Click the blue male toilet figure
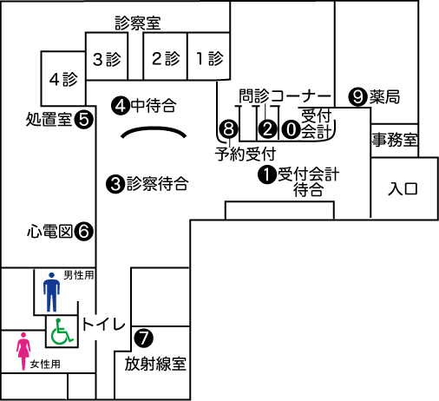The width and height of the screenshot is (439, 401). [x=51, y=293]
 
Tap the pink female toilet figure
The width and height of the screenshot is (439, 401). [x=23, y=351]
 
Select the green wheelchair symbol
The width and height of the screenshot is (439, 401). [x=62, y=332]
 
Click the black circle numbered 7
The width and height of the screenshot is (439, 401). [x=144, y=338]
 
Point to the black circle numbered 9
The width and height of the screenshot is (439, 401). [x=358, y=97]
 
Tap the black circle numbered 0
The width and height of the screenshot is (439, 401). [x=291, y=129]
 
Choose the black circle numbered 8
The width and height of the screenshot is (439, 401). [x=228, y=128]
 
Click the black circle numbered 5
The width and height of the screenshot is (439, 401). [x=84, y=119]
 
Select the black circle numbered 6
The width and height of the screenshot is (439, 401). [x=84, y=232]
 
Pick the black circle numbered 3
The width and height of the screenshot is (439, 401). [x=115, y=184]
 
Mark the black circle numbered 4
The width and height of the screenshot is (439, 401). [x=121, y=106]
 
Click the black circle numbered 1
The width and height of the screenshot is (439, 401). [x=267, y=174]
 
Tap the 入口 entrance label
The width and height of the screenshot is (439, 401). [x=403, y=188]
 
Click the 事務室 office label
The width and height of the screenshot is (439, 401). [x=395, y=140]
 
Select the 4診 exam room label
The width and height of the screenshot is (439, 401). [x=63, y=79]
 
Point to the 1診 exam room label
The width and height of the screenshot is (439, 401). [x=209, y=58]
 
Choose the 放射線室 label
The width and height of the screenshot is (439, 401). [x=155, y=364]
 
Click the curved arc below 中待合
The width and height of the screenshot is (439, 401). [x=154, y=128]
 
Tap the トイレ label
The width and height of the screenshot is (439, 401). [x=104, y=324]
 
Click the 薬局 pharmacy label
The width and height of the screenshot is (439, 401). [x=385, y=96]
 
